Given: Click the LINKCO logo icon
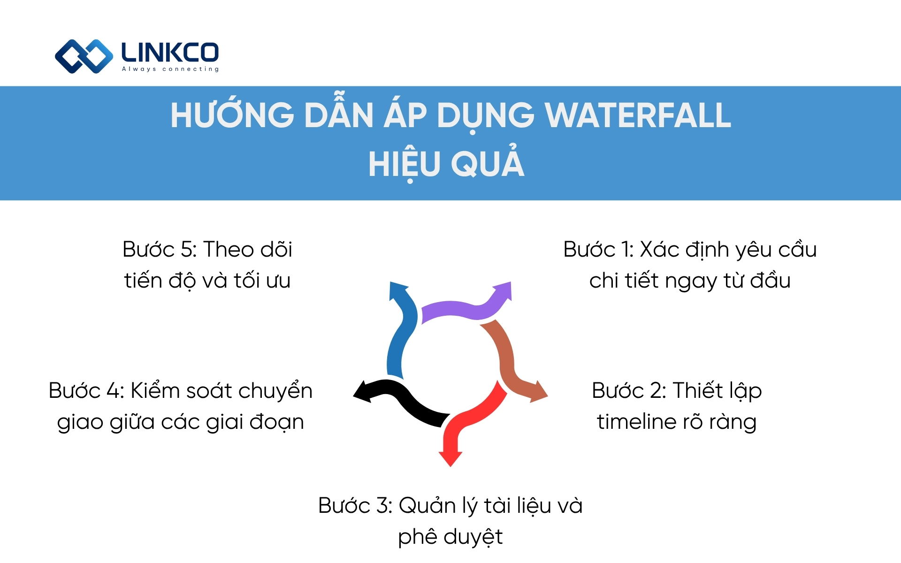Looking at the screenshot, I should tap(84, 56).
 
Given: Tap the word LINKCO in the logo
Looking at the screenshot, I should tap(170, 53).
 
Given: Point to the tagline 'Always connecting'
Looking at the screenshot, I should tap(170, 69).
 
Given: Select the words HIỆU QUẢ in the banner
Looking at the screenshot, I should tap(446, 164).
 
